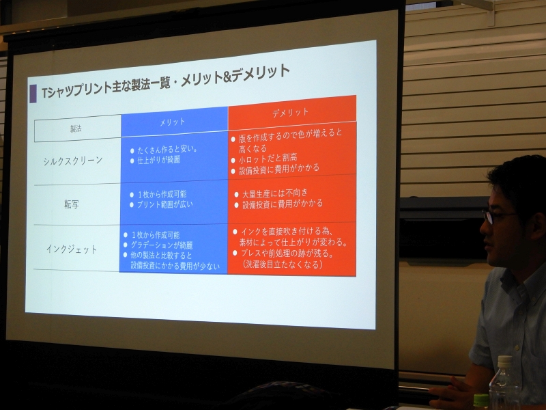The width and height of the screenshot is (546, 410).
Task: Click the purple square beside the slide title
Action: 33,94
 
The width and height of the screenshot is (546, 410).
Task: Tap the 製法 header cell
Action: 77,128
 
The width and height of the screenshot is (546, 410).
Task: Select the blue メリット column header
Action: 174,122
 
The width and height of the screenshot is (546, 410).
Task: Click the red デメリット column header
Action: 292,112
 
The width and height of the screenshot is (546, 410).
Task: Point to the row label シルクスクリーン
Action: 73,161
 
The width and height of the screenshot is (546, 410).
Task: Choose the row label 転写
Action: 72,204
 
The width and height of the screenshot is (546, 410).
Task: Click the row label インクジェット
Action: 72,249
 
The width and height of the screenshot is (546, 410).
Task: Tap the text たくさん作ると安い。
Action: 167,150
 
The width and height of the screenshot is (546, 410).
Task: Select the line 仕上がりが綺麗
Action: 158,161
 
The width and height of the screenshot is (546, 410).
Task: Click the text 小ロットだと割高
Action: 268,159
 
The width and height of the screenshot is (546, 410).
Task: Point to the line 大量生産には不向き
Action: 276,193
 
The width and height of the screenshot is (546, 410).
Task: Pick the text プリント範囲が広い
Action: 164,204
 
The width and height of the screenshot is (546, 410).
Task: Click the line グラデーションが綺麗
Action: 162,245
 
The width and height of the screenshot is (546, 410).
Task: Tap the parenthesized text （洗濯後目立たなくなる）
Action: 282,264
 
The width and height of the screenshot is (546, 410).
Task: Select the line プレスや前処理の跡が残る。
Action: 287,254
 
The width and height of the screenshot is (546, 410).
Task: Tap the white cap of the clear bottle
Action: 505,361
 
